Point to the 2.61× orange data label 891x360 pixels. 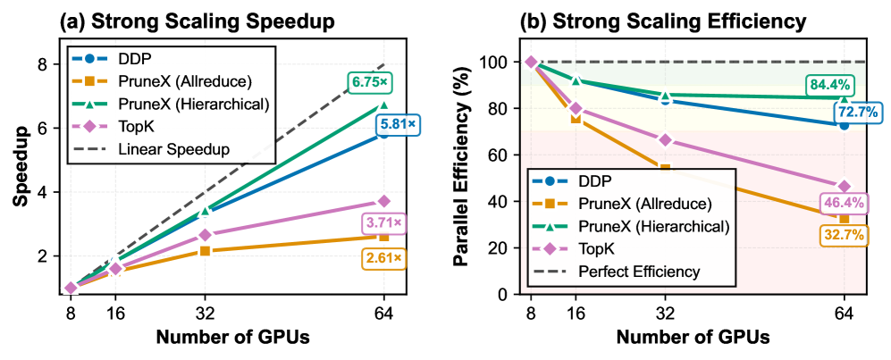384,259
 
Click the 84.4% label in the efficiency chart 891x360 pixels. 832,85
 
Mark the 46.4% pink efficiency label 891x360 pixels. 844,203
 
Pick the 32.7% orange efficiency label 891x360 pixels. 844,236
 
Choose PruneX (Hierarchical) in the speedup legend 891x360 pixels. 179,104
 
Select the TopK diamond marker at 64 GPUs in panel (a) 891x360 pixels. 384,201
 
